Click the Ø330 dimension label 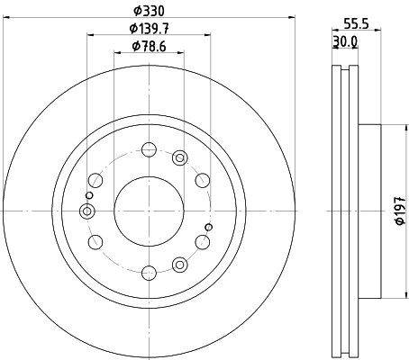coord(149,11)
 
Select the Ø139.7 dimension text coord(150,29)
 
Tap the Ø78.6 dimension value coord(149,47)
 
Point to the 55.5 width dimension coord(356,23)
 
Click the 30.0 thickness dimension coord(345,41)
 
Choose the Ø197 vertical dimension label coord(401,211)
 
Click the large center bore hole coord(149,211)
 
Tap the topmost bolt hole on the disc coord(149,149)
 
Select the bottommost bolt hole coord(149,273)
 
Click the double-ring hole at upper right coord(180,157)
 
